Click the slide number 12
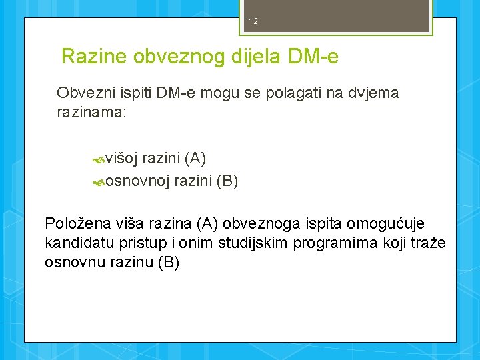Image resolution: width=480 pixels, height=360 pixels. tap(253, 21)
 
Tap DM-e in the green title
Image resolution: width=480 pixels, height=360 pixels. tap(313, 57)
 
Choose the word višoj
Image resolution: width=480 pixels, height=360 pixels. tap(121, 158)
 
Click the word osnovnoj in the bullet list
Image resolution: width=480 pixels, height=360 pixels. tap(137, 181)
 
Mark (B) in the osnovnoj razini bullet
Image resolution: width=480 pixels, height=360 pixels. tap(226, 181)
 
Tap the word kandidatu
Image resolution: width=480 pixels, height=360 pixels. tap(75, 243)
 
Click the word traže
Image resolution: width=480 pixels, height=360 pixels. tap(429, 243)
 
